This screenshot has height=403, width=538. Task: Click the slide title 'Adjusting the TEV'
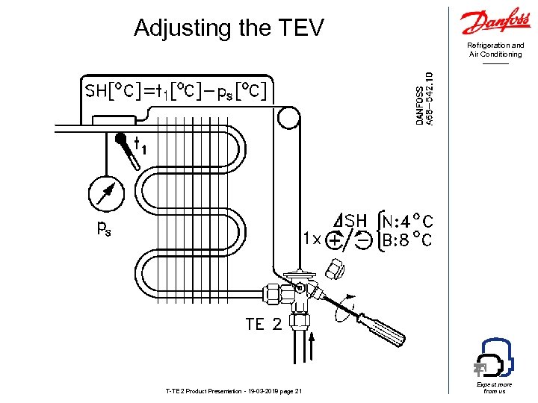(229, 28)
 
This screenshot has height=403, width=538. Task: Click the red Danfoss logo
(496, 22)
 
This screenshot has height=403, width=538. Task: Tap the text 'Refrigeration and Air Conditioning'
(496, 50)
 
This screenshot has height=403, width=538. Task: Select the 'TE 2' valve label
(264, 324)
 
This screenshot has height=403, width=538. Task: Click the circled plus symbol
(336, 240)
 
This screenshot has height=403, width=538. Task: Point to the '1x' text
(312, 240)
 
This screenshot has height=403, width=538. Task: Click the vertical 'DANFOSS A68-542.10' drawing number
(424, 99)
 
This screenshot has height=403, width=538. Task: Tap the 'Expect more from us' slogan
(495, 387)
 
